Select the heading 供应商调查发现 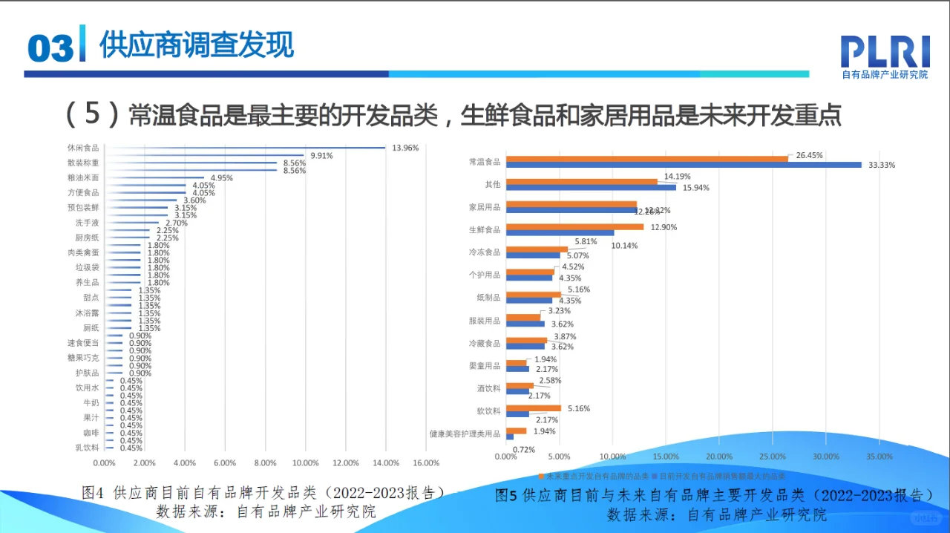pyautogui.click(x=197, y=45)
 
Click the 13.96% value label pyautogui.click(x=405, y=148)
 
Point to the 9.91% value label pyautogui.click(x=321, y=155)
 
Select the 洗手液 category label pyautogui.click(x=87, y=223)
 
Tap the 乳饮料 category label pyautogui.click(x=87, y=448)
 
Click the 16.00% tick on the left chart pyautogui.click(x=426, y=463)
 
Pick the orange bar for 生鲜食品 pyautogui.click(x=577, y=226)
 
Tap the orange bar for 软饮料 pyautogui.click(x=536, y=408)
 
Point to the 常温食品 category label pyautogui.click(x=485, y=161)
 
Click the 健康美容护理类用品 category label pyautogui.click(x=465, y=434)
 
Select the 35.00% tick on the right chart pyautogui.click(x=879, y=457)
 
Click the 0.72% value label pyautogui.click(x=524, y=449)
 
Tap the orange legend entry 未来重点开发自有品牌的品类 pyautogui.click(x=594, y=476)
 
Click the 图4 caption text pyautogui.click(x=263, y=492)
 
